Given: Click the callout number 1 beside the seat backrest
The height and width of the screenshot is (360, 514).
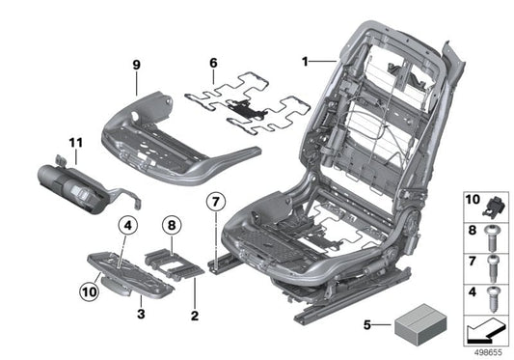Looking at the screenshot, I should pos(306,60).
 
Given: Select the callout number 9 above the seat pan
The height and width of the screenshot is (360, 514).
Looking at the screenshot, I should pos(137,66).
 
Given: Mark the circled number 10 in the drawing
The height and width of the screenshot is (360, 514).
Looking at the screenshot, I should pos(89,288).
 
